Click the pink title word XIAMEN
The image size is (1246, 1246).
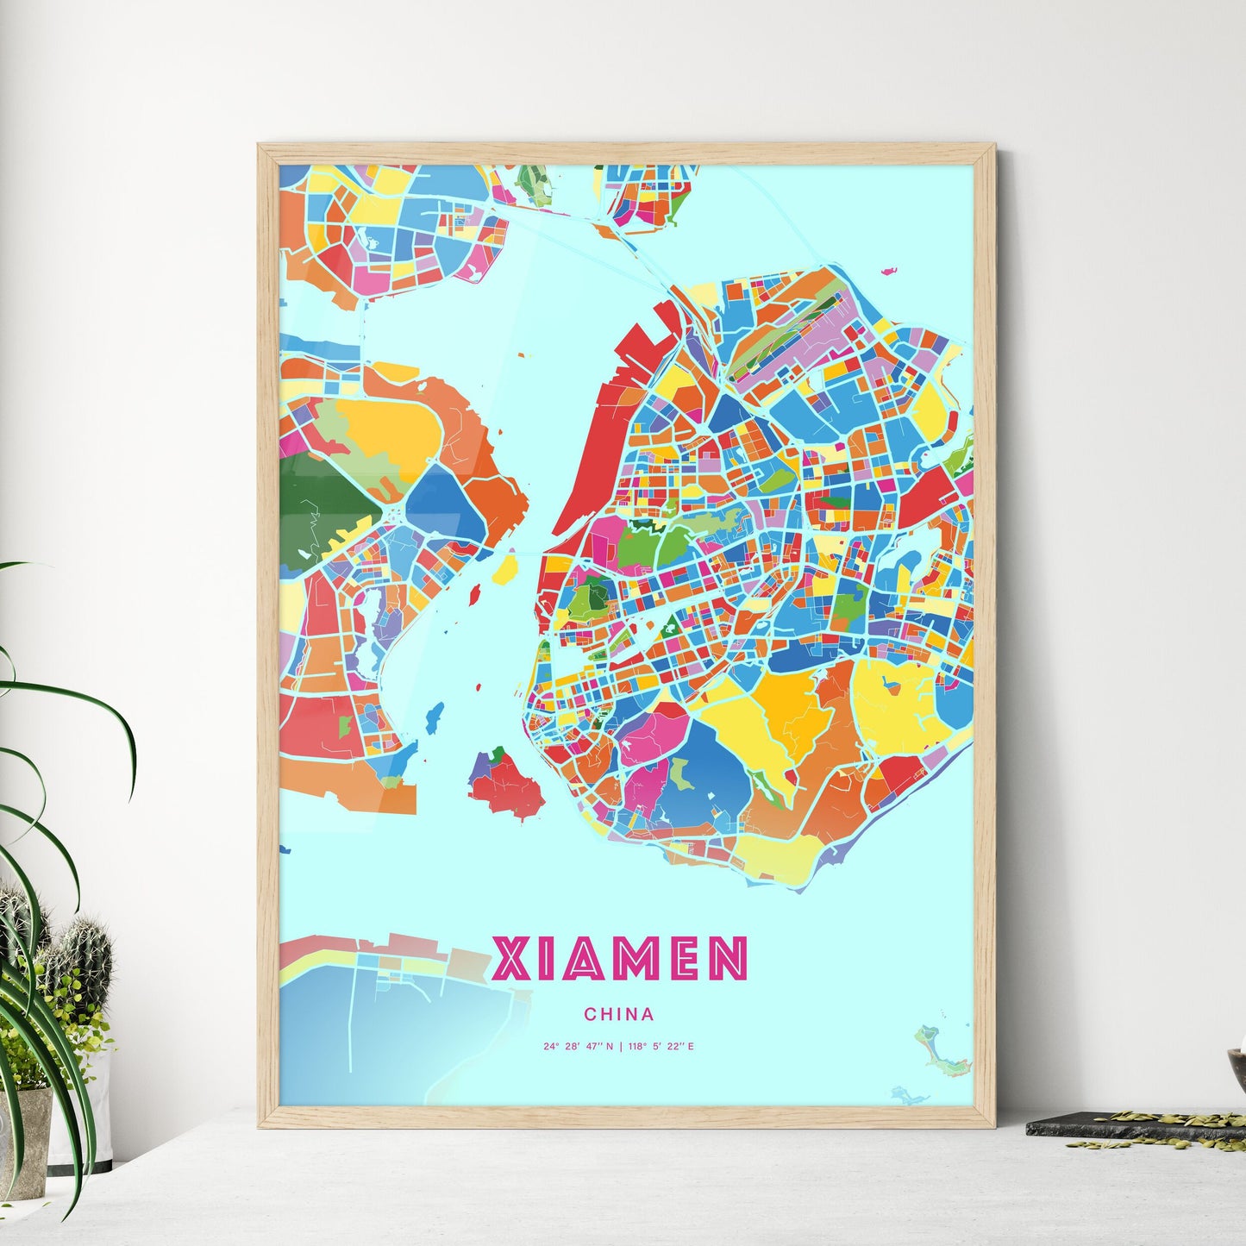619,959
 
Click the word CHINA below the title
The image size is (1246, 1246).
618,1014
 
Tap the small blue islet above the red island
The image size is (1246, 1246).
435,715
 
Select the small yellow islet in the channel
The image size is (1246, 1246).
504,568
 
